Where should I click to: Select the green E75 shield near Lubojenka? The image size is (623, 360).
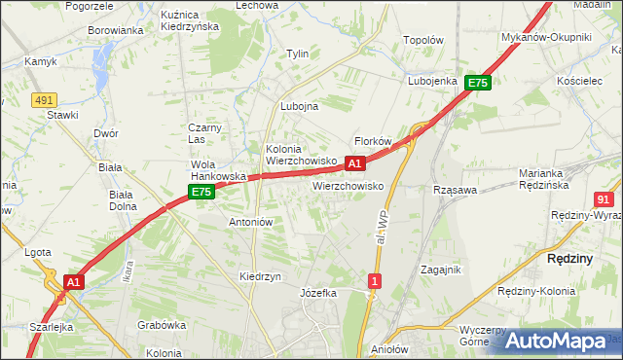click(477, 84)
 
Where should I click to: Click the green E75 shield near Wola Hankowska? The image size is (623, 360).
click(202, 193)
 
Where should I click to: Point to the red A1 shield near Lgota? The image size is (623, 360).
click(73, 282)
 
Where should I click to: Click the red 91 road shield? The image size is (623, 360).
click(603, 198)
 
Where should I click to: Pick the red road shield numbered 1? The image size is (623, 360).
click(374, 281)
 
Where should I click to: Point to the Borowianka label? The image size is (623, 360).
click(116, 30)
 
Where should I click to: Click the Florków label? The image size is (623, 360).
click(372, 141)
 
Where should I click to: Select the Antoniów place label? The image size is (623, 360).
click(250, 222)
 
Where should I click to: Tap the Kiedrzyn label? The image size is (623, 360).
click(260, 276)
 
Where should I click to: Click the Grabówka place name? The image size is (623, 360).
click(162, 325)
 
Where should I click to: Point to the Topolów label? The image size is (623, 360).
click(423, 41)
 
